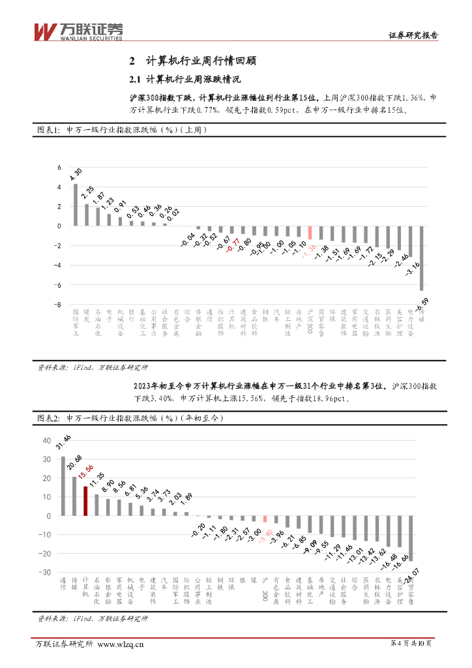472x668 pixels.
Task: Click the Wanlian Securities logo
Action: [x=78, y=30]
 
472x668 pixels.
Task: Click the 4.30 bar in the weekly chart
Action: [x=76, y=205]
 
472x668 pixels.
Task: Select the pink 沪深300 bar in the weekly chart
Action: [x=310, y=233]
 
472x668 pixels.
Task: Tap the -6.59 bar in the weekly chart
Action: [x=422, y=258]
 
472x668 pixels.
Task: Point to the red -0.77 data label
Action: [x=231, y=245]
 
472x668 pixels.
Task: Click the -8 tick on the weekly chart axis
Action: [x=58, y=305]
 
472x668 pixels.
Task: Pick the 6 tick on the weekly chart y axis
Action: [x=59, y=167]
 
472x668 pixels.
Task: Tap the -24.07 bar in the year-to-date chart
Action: [x=411, y=538]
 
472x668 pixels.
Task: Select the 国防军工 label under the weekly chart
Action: [x=76, y=322]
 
